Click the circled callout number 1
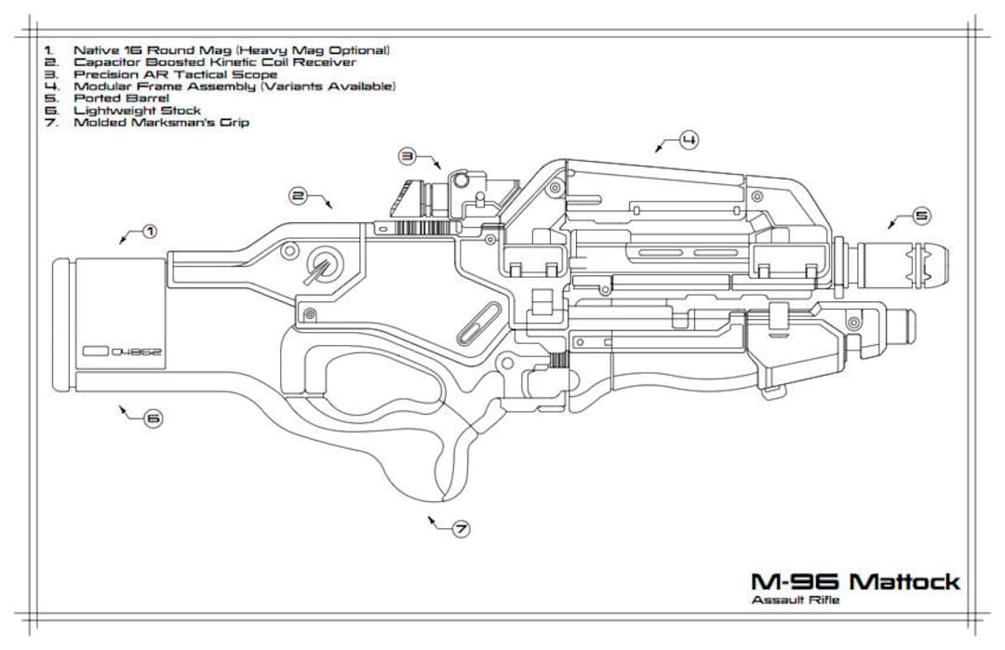149,231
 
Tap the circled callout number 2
298,195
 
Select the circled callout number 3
408,154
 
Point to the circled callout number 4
689,139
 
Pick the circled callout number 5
921,216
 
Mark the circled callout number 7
461,529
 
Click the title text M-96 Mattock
855,582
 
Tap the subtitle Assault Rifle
795,601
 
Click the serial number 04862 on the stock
138,352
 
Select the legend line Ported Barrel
121,98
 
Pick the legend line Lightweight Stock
137,110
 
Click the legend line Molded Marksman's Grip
161,122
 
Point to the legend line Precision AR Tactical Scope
175,73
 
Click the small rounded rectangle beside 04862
95,352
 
